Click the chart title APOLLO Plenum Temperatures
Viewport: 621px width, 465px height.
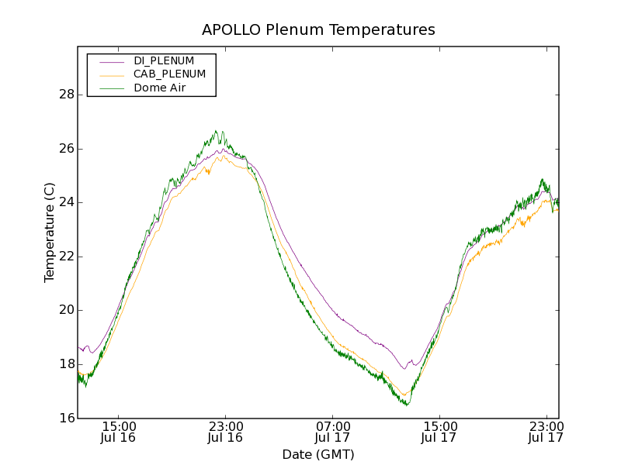pos(318,30)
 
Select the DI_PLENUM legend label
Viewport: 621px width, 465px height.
pos(164,60)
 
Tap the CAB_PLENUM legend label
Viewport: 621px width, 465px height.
pos(169,74)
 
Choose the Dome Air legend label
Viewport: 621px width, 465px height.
pos(159,88)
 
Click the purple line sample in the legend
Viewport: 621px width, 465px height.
pos(110,61)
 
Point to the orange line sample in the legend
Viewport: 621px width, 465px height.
pos(110,74)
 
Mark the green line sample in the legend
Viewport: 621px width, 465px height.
pos(110,88)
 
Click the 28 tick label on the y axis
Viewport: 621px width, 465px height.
pos(67,95)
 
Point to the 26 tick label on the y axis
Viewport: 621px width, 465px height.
pos(67,149)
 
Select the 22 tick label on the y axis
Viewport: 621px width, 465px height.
pos(67,257)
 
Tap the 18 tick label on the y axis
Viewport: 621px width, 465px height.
pos(67,364)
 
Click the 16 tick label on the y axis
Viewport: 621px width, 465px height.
pos(67,418)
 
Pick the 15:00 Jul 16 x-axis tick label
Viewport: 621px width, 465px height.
pos(119,432)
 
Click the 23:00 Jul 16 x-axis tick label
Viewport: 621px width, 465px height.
pos(225,432)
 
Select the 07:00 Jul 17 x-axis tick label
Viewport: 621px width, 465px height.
pos(332,432)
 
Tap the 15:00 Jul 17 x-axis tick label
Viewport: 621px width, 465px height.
pos(439,432)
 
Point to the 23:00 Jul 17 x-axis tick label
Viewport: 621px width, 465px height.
pos(546,432)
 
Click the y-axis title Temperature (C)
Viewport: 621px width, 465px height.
pos(50,232)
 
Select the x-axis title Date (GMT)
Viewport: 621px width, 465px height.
pos(318,455)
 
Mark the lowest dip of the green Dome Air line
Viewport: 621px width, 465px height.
pos(407,405)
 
